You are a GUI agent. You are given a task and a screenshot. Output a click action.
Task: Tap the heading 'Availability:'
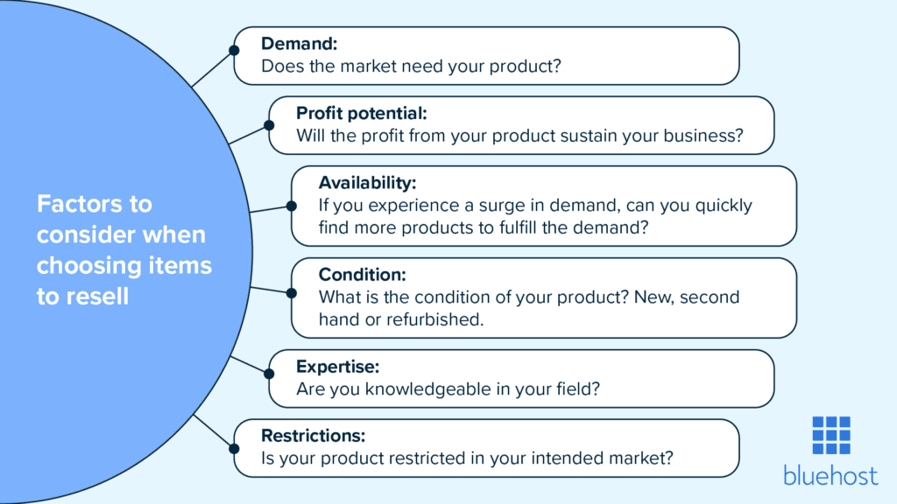pos(367,183)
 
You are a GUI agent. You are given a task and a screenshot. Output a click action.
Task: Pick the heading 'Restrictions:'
pos(313,435)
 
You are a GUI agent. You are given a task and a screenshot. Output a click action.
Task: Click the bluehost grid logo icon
pos(830,435)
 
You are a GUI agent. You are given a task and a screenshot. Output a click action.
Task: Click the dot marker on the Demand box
pos(234,50)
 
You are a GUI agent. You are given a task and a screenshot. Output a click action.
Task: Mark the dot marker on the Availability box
pos(292,206)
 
